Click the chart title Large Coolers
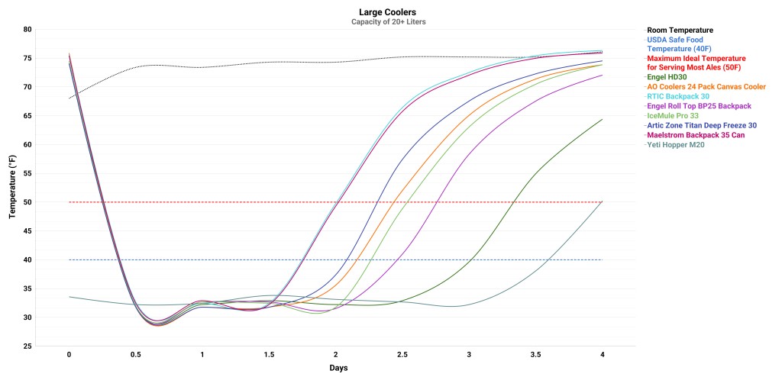click(x=388, y=12)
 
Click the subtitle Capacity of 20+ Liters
click(x=388, y=21)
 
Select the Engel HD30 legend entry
click(x=669, y=77)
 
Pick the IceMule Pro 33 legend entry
click(x=673, y=115)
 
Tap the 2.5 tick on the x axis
click(x=402, y=355)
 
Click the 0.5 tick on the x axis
click(x=136, y=355)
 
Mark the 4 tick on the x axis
click(x=603, y=355)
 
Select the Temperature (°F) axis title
click(x=13, y=188)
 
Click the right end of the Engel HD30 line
click(x=603, y=119)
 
